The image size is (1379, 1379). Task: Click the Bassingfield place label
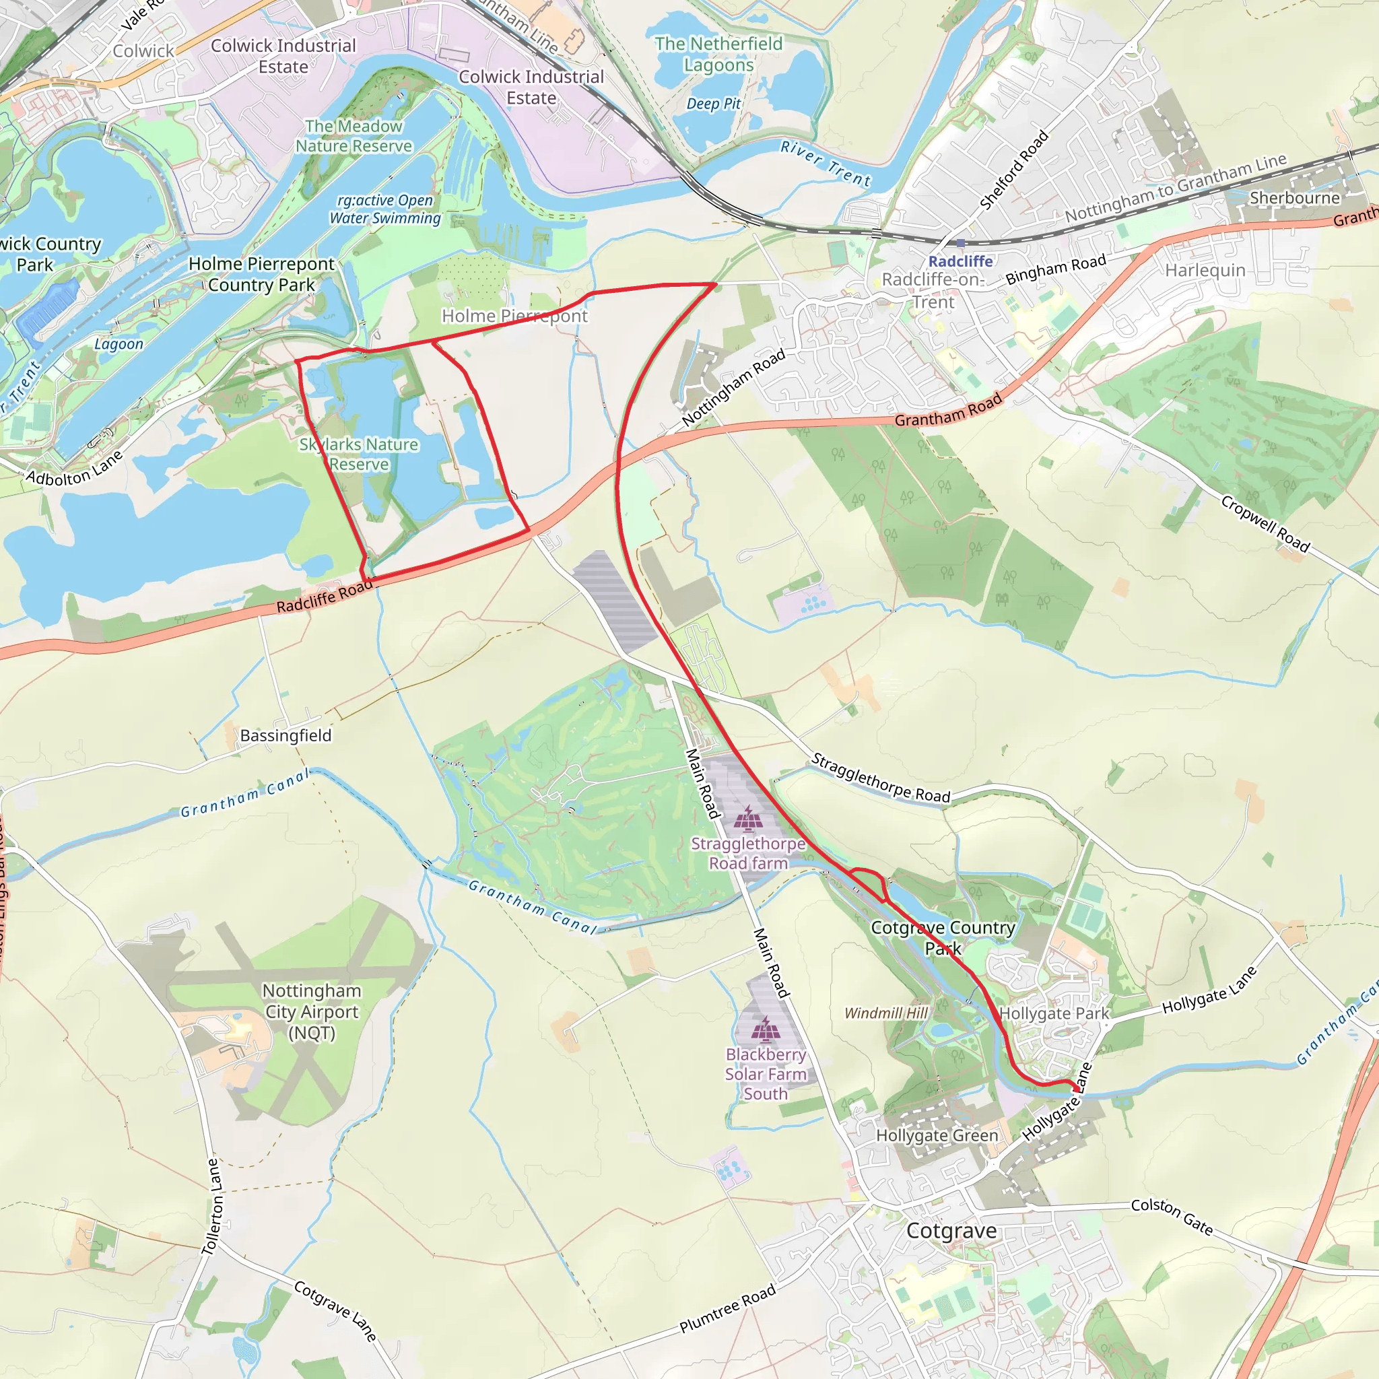[285, 735]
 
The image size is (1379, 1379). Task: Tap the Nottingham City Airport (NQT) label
[312, 1011]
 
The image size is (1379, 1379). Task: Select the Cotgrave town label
[951, 1231]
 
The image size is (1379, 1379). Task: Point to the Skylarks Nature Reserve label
[358, 454]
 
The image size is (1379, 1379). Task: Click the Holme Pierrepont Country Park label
[261, 274]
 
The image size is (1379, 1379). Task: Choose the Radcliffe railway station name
[960, 261]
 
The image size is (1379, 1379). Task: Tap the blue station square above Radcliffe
[961, 243]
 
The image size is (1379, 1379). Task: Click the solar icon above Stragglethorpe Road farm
[747, 819]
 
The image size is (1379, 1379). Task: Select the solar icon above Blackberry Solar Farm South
[765, 1029]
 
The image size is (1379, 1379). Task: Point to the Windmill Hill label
[886, 1013]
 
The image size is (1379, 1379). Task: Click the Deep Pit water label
[713, 104]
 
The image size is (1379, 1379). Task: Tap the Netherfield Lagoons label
[718, 55]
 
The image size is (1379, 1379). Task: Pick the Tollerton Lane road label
[212, 1206]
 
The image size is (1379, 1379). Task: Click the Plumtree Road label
[727, 1309]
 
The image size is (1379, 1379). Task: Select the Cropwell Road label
[1265, 524]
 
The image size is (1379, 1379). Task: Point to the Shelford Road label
[1013, 170]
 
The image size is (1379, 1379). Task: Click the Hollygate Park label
[1054, 1013]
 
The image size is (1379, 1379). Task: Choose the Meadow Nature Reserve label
[354, 135]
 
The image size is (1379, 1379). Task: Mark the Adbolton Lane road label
[75, 469]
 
